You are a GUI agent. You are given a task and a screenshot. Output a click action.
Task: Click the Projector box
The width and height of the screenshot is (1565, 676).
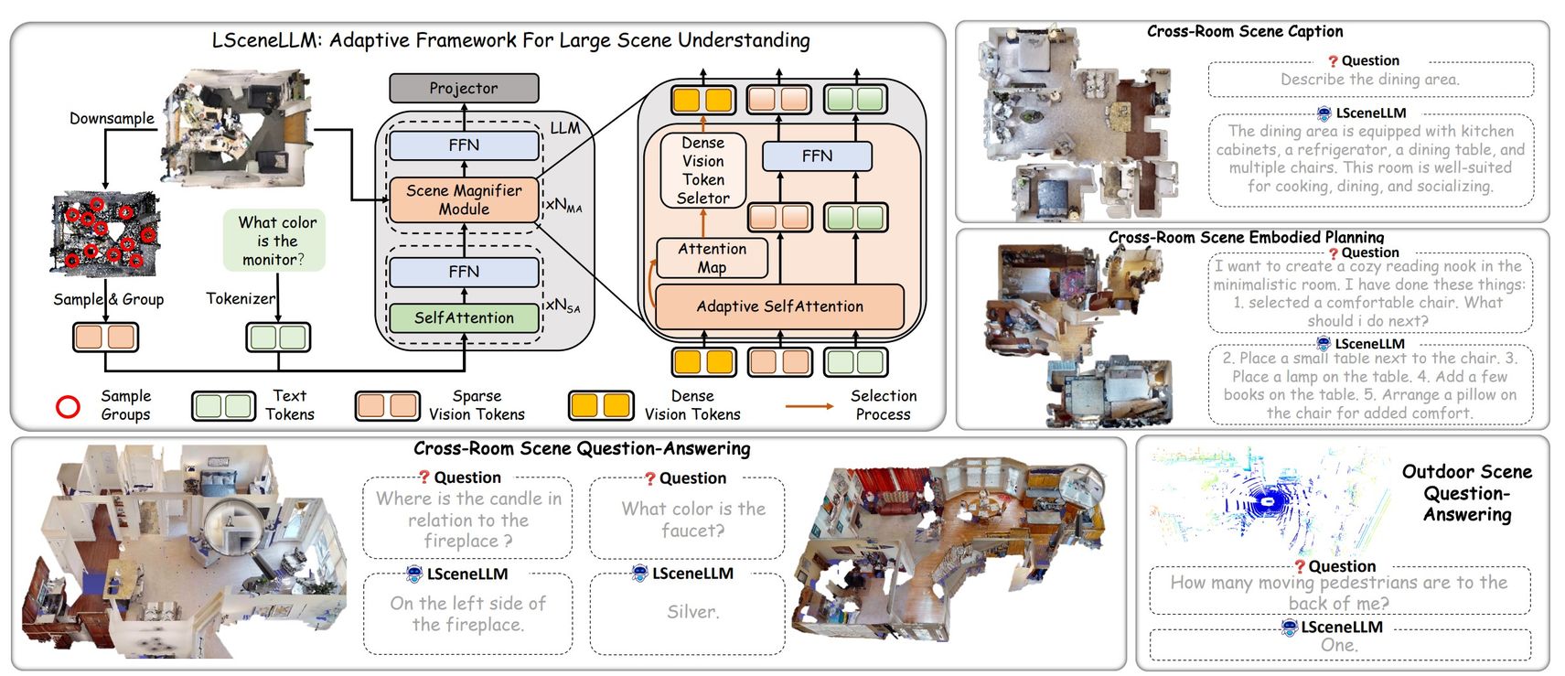[x=464, y=89]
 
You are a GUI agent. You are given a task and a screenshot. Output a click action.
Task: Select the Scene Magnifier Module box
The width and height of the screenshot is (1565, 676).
[x=464, y=199]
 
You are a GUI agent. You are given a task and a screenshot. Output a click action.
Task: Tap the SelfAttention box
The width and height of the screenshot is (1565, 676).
[x=464, y=317]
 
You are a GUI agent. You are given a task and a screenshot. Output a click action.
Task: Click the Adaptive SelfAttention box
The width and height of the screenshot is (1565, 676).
[x=779, y=306]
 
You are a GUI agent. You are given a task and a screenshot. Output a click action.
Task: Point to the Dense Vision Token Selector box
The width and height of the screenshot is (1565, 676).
[x=702, y=170]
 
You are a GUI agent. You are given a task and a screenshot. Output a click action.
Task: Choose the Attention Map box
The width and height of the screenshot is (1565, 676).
[x=712, y=258]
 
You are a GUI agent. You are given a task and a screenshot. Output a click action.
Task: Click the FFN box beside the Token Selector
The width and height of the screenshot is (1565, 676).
[x=817, y=156]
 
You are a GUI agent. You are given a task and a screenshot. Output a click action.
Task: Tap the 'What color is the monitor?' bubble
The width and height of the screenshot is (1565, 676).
[x=276, y=241]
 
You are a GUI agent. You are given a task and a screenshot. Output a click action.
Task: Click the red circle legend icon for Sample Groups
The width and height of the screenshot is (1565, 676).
[x=69, y=406]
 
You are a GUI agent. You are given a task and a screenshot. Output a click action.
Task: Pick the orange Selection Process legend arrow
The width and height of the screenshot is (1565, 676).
[x=809, y=405]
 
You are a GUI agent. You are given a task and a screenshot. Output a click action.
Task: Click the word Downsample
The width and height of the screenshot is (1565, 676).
[x=112, y=118]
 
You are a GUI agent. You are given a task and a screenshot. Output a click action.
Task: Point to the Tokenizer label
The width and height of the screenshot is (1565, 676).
[x=240, y=298]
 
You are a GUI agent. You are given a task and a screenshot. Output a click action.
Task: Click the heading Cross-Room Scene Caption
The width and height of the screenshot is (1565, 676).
[x=1244, y=31]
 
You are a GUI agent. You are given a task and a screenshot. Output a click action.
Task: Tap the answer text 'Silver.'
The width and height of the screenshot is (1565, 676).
[x=692, y=612]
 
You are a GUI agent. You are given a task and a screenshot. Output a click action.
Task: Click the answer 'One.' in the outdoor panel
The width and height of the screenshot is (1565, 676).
[x=1338, y=645]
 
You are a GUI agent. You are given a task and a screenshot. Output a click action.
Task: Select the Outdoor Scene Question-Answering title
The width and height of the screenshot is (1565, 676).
[x=1466, y=493]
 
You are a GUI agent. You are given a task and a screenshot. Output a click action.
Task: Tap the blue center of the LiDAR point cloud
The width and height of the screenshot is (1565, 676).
[x=1268, y=500]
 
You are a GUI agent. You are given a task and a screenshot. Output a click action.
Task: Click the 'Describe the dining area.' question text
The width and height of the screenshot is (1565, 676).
[x=1369, y=80]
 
